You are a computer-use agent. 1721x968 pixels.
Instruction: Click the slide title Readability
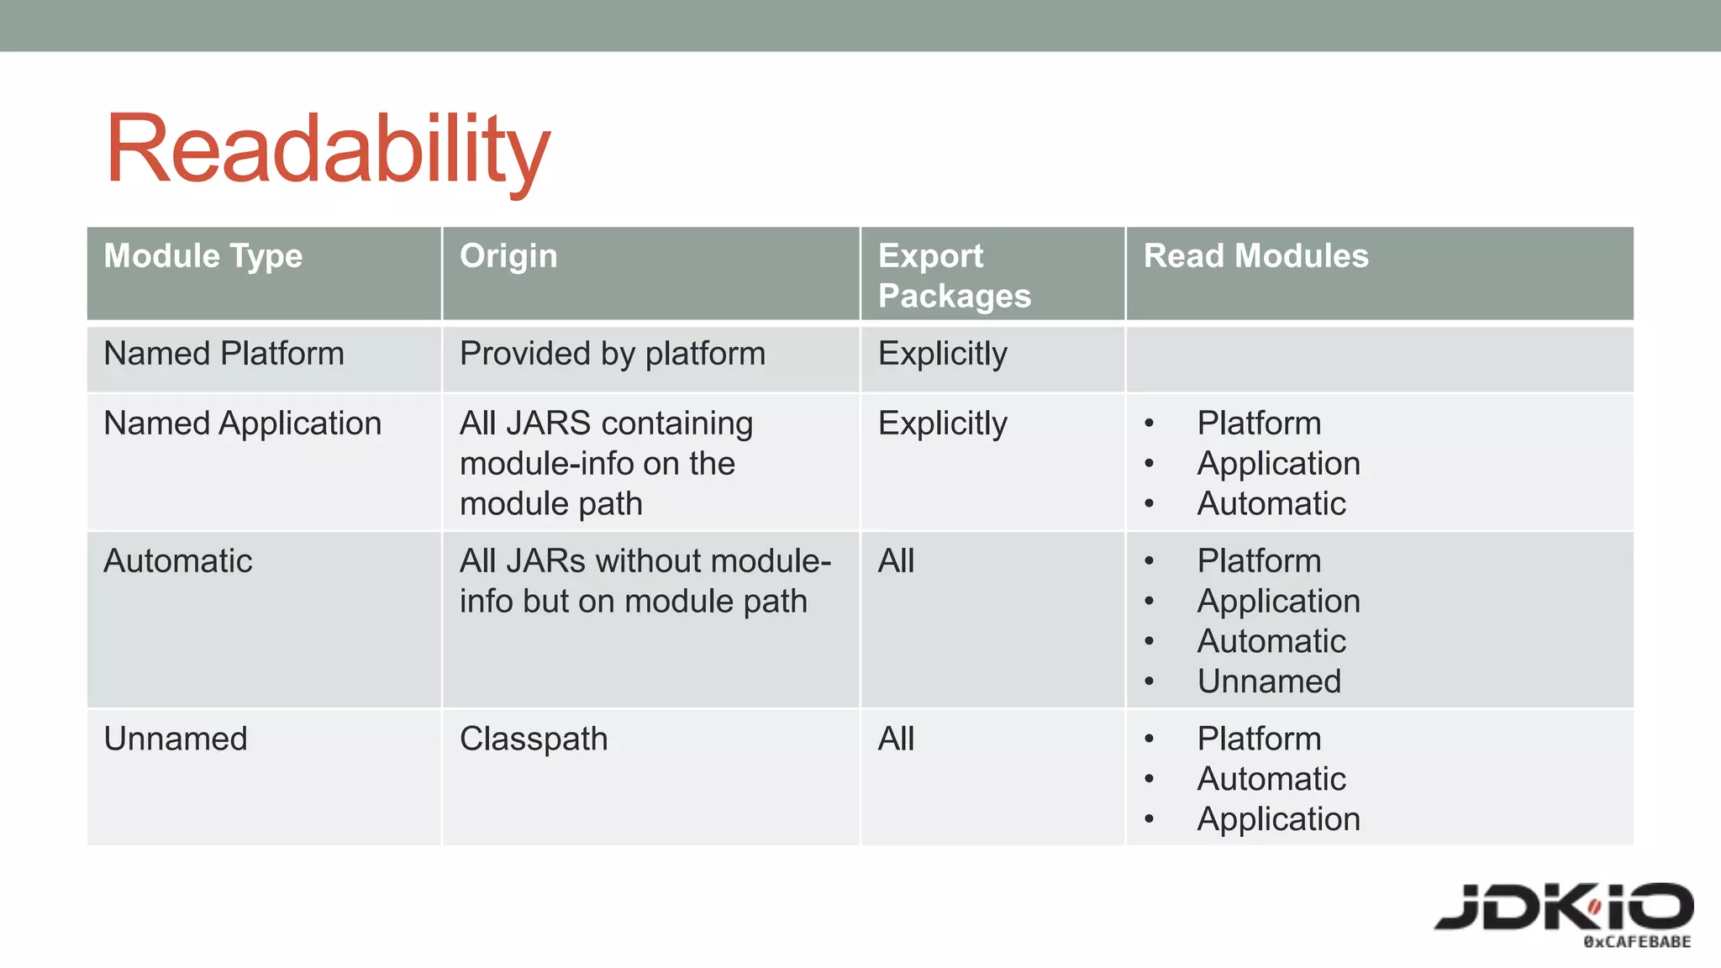[328, 150]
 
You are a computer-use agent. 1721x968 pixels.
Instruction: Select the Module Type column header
[203, 255]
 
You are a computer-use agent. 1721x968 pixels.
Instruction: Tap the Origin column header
[508, 255]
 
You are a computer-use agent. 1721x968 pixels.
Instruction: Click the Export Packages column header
[954, 276]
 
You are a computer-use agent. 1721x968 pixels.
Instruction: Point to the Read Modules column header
[1255, 255]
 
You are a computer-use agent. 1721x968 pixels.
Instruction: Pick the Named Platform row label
[224, 354]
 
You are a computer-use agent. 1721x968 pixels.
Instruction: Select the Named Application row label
[242, 423]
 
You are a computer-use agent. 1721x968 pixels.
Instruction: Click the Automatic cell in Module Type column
[177, 561]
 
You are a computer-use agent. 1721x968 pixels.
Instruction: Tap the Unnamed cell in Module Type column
[175, 739]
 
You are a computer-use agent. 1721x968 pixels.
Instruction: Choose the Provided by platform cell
[612, 354]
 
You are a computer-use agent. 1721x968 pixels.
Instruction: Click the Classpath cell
[533, 739]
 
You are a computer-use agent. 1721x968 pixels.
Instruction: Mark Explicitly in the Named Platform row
[942, 354]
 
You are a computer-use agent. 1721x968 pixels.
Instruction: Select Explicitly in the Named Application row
[942, 423]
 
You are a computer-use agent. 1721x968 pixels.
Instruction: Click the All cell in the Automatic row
[896, 561]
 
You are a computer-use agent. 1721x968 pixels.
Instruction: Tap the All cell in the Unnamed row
[896, 739]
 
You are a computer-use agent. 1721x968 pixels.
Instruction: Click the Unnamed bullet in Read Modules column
[1268, 681]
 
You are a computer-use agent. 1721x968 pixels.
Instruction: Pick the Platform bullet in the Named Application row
[1259, 423]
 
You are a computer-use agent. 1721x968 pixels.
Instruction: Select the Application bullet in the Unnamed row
[1278, 819]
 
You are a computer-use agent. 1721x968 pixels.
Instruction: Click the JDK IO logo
[1563, 907]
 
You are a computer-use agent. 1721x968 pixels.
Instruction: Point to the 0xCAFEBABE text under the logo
[1636, 942]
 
